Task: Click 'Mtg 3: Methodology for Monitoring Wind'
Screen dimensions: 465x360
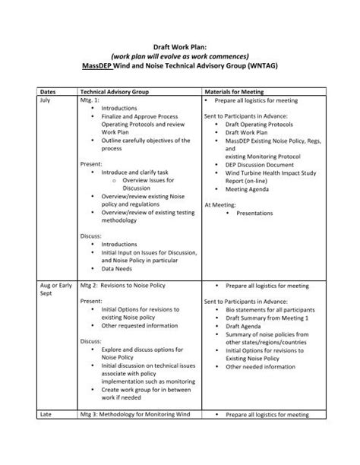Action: tap(137, 415)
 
